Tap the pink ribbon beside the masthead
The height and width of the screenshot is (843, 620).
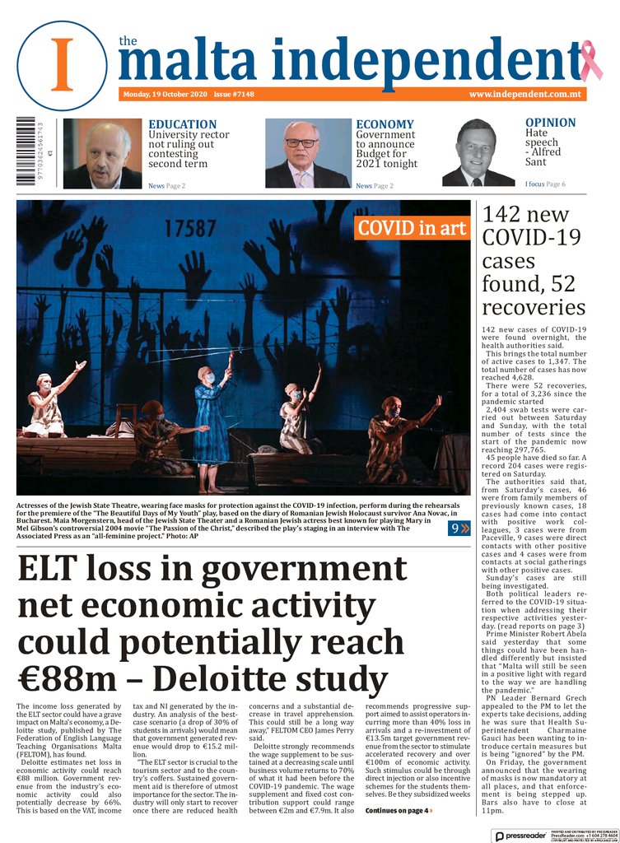(x=590, y=62)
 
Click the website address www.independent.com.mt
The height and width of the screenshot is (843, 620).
(x=525, y=95)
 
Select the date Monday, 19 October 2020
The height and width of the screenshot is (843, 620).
(x=165, y=95)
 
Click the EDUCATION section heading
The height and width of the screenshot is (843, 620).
(x=182, y=124)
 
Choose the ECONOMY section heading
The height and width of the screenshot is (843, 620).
(x=385, y=124)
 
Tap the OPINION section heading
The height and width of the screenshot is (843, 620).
(x=550, y=123)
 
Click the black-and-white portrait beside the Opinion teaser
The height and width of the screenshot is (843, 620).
(x=478, y=153)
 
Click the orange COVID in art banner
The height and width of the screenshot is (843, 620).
(x=412, y=228)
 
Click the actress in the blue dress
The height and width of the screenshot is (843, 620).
(x=212, y=420)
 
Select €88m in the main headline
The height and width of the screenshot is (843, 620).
(x=65, y=680)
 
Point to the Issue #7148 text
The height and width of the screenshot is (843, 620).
(x=234, y=95)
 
